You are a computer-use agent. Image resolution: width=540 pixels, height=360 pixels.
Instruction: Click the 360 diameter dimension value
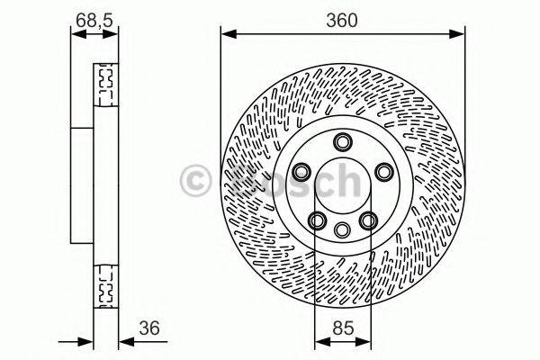coord(342,20)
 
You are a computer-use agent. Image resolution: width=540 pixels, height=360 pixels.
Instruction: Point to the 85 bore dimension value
coord(342,328)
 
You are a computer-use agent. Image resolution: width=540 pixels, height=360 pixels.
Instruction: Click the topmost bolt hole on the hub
coord(342,141)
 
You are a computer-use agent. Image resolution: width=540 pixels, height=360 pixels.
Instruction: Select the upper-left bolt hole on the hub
coord(301,171)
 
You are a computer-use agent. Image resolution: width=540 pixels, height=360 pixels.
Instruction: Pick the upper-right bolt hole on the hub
coord(382,171)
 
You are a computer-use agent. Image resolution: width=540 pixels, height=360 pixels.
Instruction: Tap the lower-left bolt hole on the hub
coord(317,220)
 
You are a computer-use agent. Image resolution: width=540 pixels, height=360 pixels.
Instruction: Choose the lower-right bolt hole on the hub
coord(367,220)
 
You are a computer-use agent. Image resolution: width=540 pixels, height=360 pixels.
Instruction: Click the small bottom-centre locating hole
coord(342,230)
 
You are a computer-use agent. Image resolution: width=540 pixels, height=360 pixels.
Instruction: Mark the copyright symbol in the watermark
coord(196,181)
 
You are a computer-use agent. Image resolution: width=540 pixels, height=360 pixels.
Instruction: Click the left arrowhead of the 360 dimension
coord(226,34)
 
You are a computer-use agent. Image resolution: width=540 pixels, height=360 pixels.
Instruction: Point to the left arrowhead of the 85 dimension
coord(319,343)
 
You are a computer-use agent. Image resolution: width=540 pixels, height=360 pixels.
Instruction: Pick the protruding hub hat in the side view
coord(81,184)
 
